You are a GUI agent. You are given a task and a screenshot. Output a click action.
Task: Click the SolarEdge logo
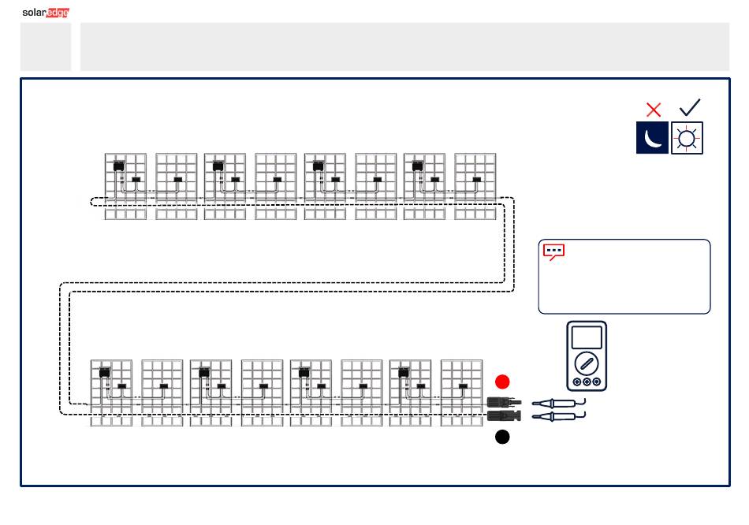(46, 13)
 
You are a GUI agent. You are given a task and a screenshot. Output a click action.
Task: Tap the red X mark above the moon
(654, 110)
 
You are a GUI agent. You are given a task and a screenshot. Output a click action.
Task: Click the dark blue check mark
(690, 107)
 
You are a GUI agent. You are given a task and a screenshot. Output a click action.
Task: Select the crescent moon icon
(652, 138)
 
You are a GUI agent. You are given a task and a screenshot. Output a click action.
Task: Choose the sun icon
(687, 138)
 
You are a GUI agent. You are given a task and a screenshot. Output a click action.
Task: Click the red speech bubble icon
(554, 251)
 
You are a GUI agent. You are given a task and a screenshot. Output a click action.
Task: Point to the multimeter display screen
(587, 337)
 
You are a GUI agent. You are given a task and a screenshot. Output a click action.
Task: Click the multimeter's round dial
(587, 363)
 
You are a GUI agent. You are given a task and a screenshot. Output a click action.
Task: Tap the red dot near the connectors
(502, 382)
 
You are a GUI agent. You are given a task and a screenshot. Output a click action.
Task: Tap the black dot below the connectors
(502, 437)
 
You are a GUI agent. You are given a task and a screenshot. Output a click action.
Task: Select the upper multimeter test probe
(558, 403)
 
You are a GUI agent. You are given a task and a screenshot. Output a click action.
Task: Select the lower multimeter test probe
(558, 416)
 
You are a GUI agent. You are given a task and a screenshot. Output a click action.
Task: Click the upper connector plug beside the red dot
(504, 402)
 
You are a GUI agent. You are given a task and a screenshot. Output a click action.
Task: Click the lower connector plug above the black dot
(504, 415)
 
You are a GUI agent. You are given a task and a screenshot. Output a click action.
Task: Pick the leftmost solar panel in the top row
(125, 186)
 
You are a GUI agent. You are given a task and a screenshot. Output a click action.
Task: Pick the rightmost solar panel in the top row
(475, 186)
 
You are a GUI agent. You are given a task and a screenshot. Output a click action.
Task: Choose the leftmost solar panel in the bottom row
(111, 393)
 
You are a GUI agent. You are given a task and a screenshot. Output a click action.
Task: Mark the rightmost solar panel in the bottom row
(461, 393)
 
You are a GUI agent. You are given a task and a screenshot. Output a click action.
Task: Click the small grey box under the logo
(46, 47)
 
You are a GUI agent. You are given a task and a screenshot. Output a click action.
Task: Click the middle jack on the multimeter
(587, 382)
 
